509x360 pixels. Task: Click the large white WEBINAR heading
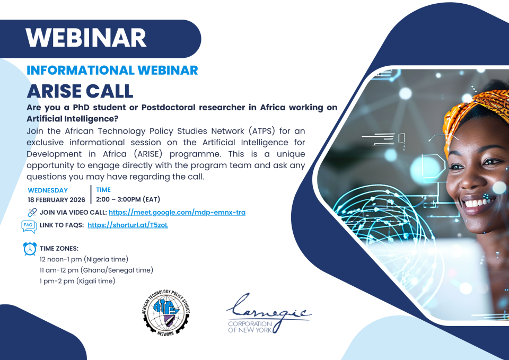86,38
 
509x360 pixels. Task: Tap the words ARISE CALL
80,91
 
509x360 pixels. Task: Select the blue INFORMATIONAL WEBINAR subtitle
112,70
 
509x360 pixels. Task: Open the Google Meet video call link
177,212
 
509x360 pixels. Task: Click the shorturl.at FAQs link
128,225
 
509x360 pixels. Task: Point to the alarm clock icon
30,249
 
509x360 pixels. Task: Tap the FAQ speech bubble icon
29,226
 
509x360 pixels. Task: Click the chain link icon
32,213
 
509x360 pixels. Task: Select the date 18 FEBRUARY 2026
57,200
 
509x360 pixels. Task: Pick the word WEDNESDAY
48,190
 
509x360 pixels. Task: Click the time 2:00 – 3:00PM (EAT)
128,199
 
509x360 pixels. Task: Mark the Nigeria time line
84,259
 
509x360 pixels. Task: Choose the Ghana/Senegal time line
96,270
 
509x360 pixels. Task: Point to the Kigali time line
77,281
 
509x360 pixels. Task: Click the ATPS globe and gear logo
166,313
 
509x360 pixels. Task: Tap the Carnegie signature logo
269,313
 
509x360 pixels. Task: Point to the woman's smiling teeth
477,203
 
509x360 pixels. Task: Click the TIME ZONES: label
59,248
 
